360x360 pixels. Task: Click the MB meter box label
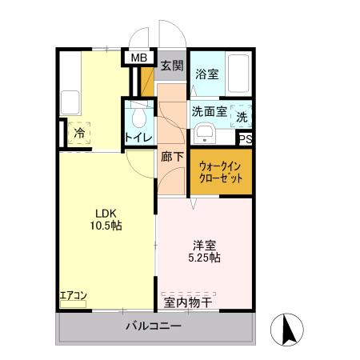139,58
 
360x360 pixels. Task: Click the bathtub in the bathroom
239,72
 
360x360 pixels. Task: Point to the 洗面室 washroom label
208,112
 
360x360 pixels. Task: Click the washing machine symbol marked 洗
242,116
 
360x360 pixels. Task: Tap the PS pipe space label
246,138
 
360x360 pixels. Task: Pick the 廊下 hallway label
172,157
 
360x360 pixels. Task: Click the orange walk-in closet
220,171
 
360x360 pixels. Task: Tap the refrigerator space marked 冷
80,134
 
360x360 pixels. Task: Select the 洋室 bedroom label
206,245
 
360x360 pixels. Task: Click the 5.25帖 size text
206,258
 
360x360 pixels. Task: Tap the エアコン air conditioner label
74,295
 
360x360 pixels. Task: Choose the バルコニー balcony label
154,327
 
